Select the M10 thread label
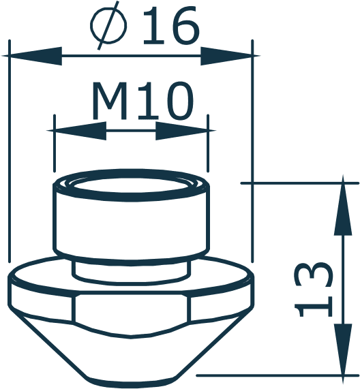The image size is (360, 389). click(142, 102)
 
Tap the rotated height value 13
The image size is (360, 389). click(314, 289)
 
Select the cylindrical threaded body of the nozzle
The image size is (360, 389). click(130, 225)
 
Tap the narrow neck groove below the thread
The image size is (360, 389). click(130, 268)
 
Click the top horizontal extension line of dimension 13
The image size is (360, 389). click(300, 183)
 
